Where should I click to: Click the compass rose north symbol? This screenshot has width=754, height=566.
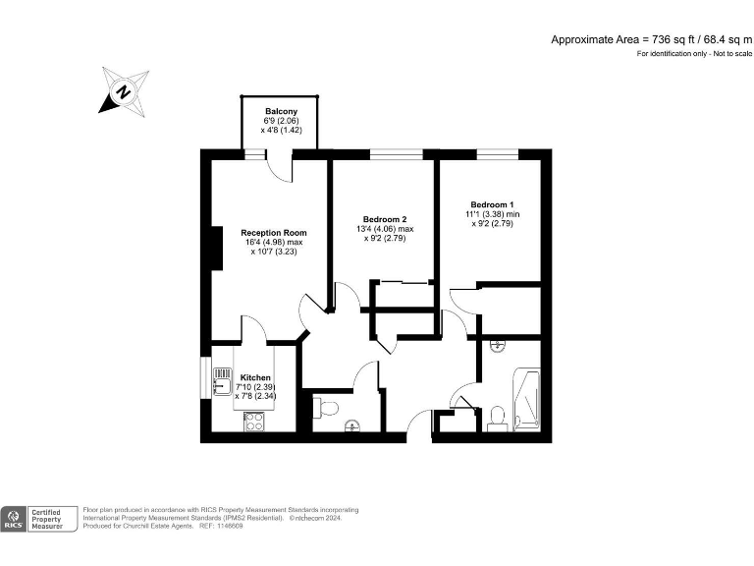coord(124,91)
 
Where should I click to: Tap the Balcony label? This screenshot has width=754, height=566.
coord(281,112)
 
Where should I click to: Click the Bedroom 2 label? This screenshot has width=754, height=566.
coord(384,218)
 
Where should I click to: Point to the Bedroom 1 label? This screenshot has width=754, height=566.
coord(492,203)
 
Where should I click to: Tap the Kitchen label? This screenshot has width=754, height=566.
coord(255,377)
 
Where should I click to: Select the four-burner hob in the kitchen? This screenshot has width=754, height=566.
coord(253,422)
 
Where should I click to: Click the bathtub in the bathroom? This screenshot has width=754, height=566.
coord(527,399)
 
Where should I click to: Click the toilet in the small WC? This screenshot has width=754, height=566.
coord(327,406)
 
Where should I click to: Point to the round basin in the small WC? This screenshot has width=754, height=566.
coord(351,425)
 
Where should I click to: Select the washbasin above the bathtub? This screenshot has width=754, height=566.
coord(497,346)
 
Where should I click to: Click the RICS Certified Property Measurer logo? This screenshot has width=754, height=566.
coord(40,519)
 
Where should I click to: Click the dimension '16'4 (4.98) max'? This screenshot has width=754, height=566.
coord(274,243)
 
